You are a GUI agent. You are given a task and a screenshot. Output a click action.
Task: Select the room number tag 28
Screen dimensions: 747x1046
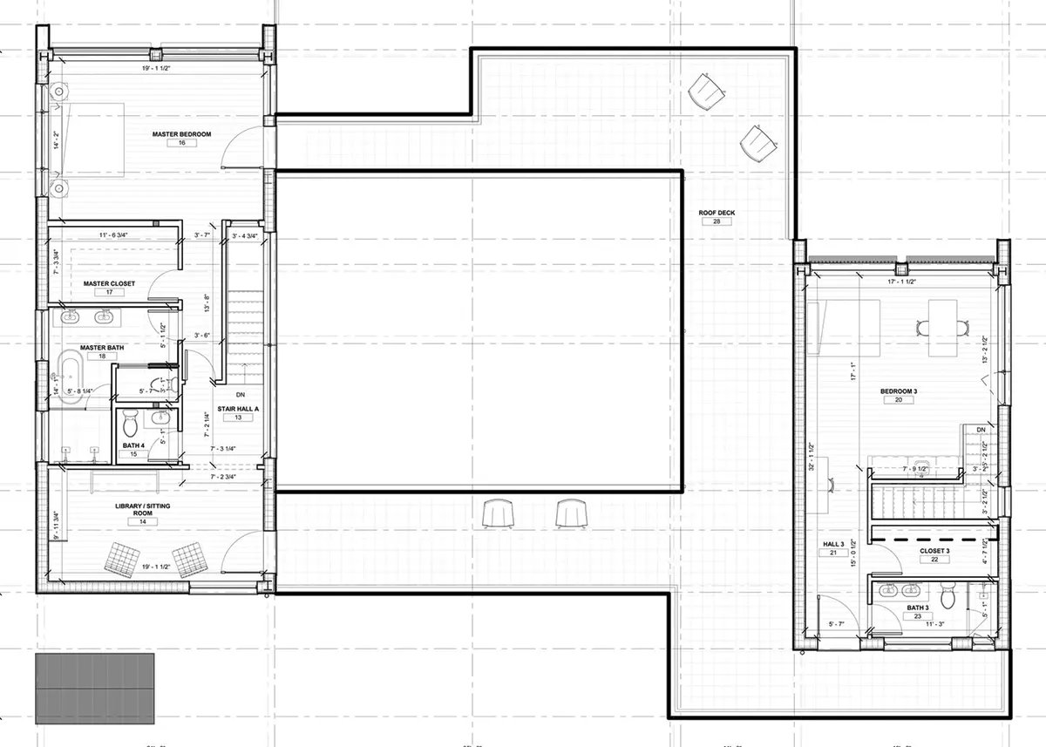click(x=717, y=221)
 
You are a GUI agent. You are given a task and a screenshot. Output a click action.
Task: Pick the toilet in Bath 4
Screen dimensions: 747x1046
click(x=130, y=424)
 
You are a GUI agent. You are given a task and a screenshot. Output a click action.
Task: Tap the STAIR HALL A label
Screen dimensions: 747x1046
click(x=237, y=408)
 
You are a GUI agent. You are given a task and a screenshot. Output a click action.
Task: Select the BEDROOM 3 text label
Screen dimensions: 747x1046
click(x=900, y=391)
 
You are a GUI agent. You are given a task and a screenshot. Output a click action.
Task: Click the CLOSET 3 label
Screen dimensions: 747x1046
click(x=934, y=551)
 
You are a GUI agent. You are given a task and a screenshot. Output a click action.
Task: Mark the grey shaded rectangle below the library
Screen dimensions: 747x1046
click(x=95, y=683)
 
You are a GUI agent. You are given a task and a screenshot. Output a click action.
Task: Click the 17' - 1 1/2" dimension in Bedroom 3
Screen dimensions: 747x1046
click(x=900, y=282)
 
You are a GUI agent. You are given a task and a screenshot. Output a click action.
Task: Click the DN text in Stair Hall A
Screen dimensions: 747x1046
click(x=238, y=395)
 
